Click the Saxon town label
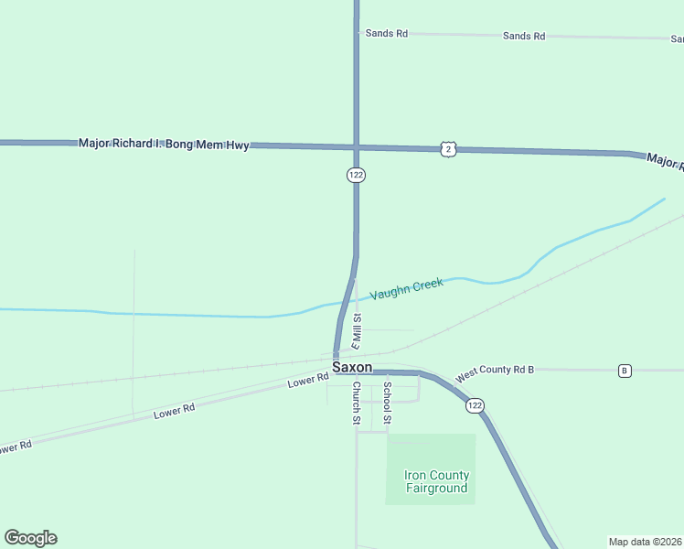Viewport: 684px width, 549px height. point(352,367)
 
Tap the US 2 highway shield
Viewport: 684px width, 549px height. point(446,148)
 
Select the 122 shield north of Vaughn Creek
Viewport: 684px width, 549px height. point(356,175)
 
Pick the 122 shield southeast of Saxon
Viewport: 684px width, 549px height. point(474,405)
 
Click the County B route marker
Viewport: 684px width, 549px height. point(625,371)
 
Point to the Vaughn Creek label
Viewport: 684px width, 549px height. point(407,289)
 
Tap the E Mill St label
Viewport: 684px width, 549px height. point(358,332)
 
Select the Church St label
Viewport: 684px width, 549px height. point(357,404)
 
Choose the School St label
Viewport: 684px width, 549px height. point(387,404)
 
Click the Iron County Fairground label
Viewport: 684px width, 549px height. point(437,481)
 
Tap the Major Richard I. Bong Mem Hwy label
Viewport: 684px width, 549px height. point(164,144)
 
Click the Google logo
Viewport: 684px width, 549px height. point(30,538)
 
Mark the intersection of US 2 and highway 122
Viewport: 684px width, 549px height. point(356,146)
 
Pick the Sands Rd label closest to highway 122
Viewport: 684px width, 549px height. point(386,33)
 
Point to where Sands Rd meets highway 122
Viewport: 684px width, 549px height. point(356,33)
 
